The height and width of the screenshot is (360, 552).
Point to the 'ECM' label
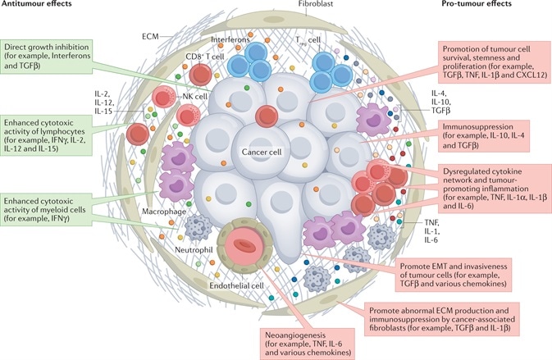click(x=148, y=36)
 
